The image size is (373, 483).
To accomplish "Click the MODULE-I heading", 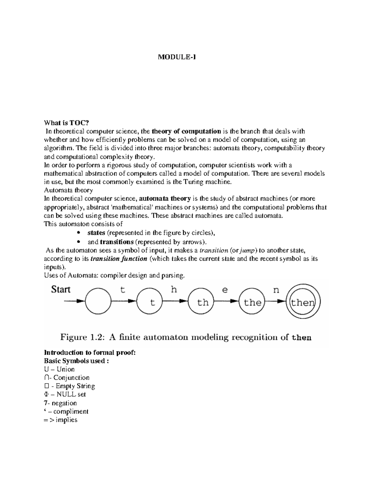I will pos(177,57).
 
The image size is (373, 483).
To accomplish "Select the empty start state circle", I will pos(98,301).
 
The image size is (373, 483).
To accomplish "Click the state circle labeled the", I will pos(252,302).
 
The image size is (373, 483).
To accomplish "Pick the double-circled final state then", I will pos(303,302).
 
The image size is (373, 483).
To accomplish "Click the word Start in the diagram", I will pos(61,290).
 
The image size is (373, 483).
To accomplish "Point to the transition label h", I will pos(174,290).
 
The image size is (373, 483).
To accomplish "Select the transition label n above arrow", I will pos(276,290).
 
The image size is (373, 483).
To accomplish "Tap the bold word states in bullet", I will pos(96,233).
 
